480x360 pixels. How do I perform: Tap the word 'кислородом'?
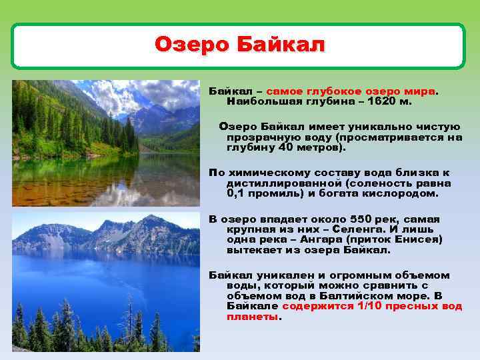tap(405, 193)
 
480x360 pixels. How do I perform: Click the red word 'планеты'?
tap(252, 317)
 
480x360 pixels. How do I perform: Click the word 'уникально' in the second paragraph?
tap(359, 127)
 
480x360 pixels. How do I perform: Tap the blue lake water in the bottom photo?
tap(100, 280)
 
